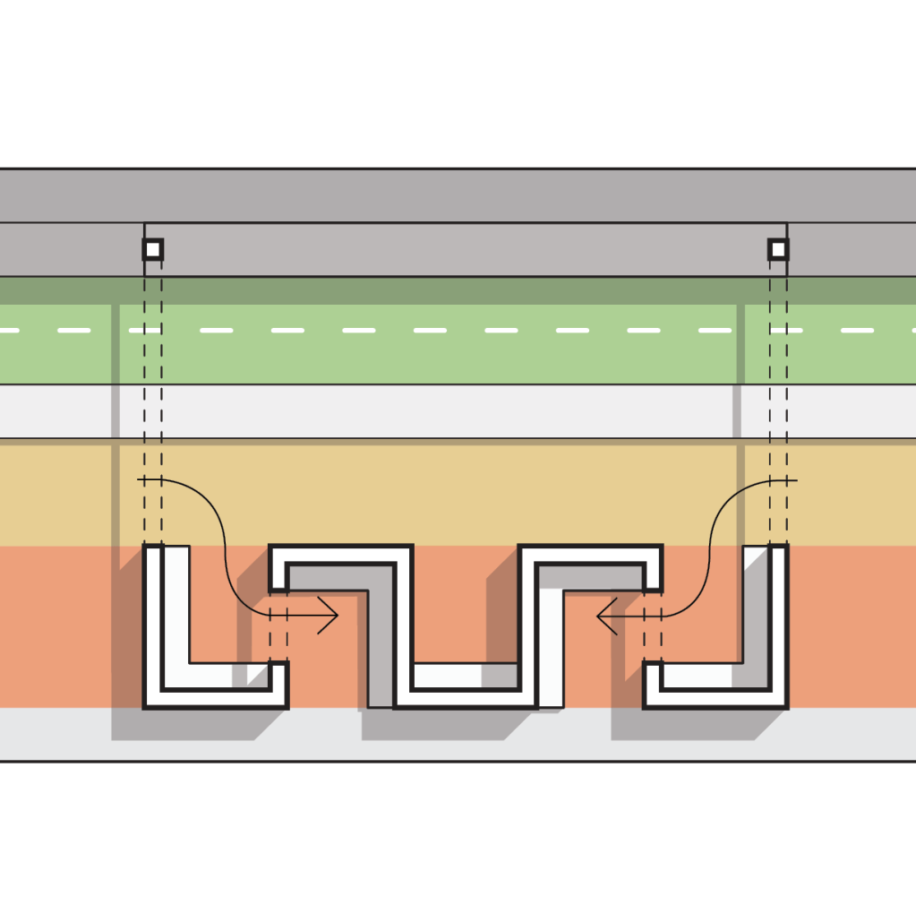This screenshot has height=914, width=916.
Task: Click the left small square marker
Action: pyautogui.click(x=153, y=249)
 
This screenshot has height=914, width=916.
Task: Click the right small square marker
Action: pyautogui.click(x=778, y=249)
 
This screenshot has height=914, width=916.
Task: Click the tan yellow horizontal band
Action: pyautogui.click(x=448, y=493)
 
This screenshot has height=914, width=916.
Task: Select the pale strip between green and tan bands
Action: pyautogui.click(x=448, y=411)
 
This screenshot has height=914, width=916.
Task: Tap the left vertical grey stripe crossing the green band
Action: pyautogui.click(x=115, y=345)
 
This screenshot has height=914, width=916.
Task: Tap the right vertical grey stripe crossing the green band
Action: pyautogui.click(x=740, y=345)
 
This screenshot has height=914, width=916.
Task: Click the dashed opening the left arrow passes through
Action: pyautogui.click(x=278, y=627)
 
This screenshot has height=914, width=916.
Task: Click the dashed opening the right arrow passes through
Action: pyautogui.click(x=653, y=627)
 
